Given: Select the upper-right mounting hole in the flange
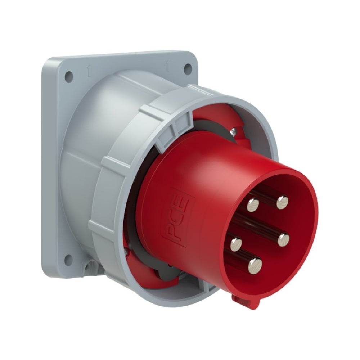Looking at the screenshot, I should pyautogui.click(x=188, y=68).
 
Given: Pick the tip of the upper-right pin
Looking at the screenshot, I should pyautogui.click(x=283, y=202).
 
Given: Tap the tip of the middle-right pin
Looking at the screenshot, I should pyautogui.click(x=284, y=239).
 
